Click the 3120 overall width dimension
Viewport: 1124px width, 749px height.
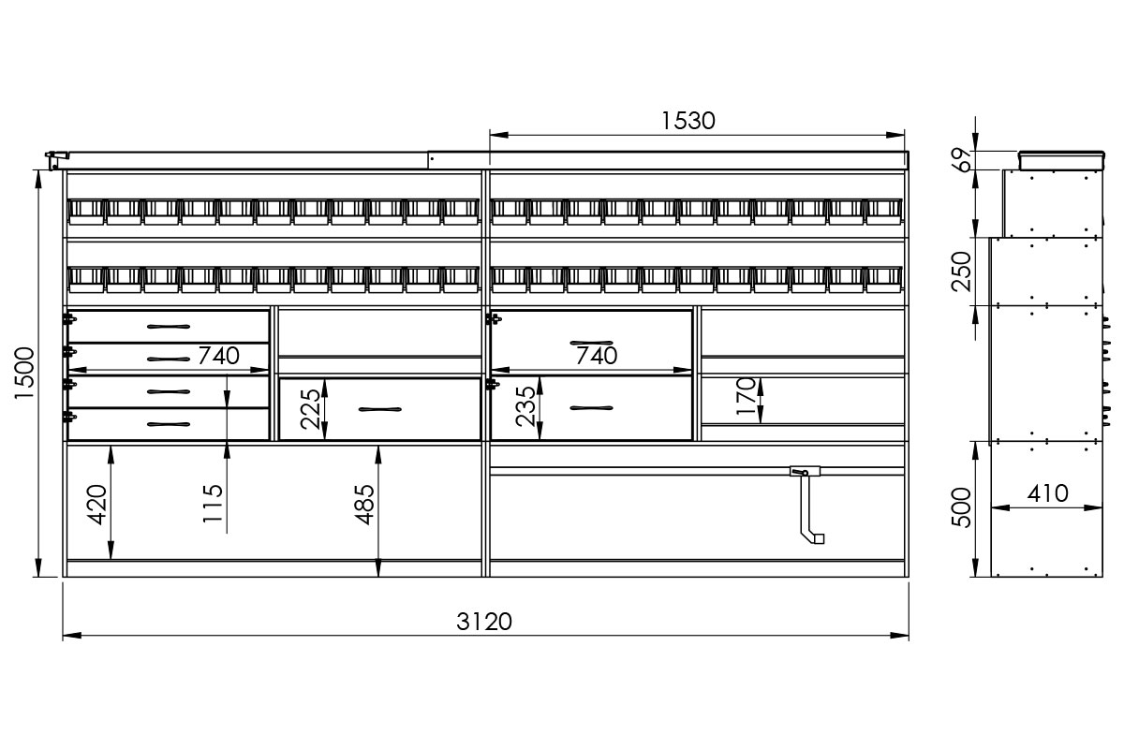pos(483,622)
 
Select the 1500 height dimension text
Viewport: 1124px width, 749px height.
pos(24,374)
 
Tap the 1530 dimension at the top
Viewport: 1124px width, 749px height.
pos(688,121)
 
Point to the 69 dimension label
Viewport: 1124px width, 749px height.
pos(961,160)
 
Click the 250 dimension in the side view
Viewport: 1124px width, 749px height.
pos(961,272)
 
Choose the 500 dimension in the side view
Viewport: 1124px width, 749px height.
pos(961,507)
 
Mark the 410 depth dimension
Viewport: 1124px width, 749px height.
pos(1047,493)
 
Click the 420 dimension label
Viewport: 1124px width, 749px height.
pos(97,505)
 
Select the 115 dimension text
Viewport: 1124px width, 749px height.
pos(213,503)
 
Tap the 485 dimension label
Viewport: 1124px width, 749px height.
pos(364,505)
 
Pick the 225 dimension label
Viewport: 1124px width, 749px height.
pos(310,409)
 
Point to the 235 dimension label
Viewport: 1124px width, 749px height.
pos(525,406)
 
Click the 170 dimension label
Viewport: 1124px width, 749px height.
pos(746,396)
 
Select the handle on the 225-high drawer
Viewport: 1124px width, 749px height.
pos(380,409)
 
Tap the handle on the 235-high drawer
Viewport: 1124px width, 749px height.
pos(591,408)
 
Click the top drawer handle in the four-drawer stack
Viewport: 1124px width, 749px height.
pos(169,327)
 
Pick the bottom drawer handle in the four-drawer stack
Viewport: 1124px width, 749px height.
pos(169,424)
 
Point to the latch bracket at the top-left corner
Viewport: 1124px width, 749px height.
pos(56,160)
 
